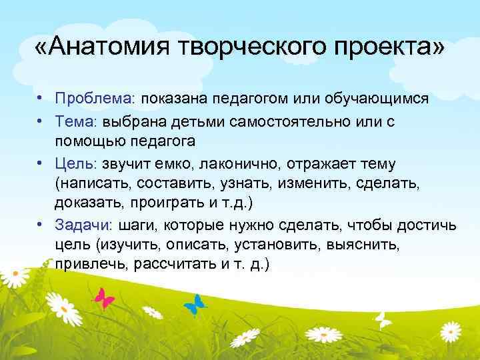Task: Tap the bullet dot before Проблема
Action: click(x=41, y=99)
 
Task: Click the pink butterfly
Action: click(x=105, y=297)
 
